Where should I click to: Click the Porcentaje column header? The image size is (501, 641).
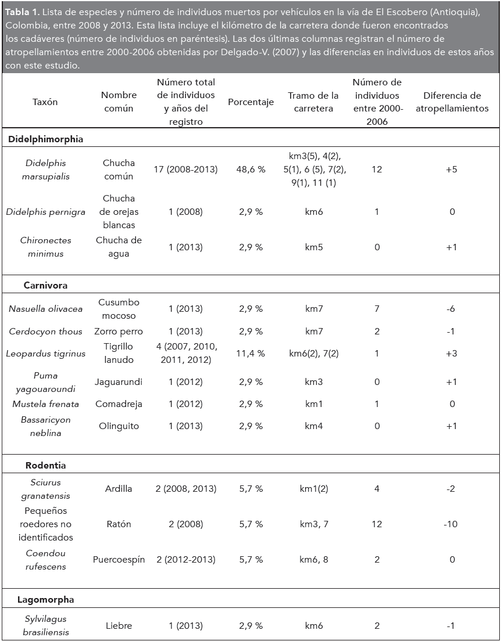click(x=250, y=102)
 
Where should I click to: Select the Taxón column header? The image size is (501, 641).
click(x=45, y=102)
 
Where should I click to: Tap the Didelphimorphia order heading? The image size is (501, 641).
click(x=46, y=139)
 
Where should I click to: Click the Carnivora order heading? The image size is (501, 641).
click(x=46, y=285)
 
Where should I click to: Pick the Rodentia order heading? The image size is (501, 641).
click(x=46, y=465)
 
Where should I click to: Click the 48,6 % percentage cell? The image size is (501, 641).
click(x=250, y=170)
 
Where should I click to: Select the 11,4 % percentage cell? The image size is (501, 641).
click(x=250, y=353)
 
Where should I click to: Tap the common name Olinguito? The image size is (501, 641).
click(x=119, y=426)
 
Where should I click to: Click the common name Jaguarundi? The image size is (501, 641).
click(x=119, y=382)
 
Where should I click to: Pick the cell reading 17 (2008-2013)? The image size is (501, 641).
click(x=186, y=170)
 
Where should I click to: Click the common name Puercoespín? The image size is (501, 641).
click(x=119, y=560)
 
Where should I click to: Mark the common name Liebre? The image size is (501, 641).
click(x=119, y=626)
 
